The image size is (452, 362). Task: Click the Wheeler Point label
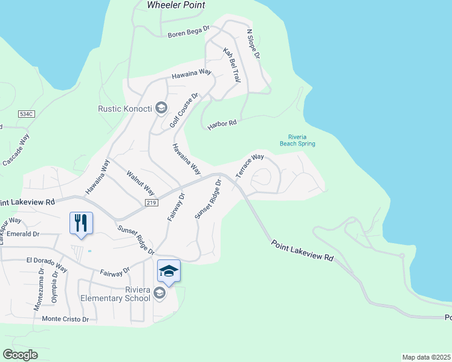tap(176, 5)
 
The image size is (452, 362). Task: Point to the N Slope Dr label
tap(253, 44)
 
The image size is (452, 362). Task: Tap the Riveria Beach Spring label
tap(297, 140)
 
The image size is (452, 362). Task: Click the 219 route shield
tap(151, 203)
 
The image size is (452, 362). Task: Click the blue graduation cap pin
tap(169, 271)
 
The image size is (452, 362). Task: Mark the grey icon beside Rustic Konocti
tap(161, 108)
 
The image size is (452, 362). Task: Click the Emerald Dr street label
tap(24, 234)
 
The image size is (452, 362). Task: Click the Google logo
tap(20, 354)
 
